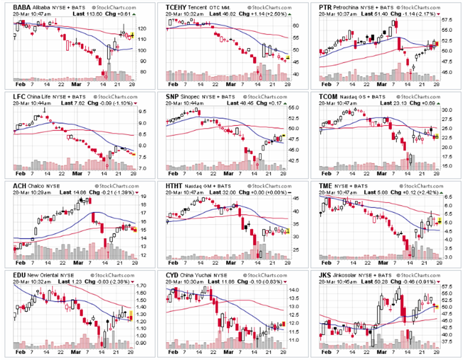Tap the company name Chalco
pyautogui.click(x=36, y=187)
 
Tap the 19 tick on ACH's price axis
pyautogui.click(x=143, y=196)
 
